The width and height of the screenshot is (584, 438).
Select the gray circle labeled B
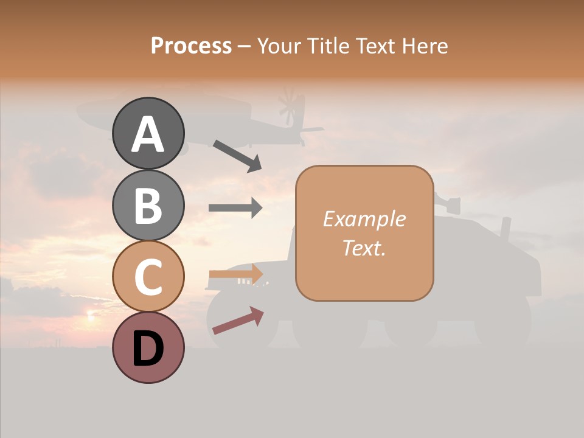pos(148,205)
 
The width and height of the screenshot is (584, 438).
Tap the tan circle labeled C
pos(148,276)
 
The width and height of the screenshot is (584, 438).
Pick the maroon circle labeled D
pos(148,347)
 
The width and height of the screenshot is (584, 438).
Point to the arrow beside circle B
pos(235,208)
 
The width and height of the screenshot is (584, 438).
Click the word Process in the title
pos(191,46)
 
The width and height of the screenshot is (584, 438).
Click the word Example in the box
pos(364,219)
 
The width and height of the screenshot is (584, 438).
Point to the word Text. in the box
pos(364,248)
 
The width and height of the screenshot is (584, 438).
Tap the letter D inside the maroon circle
pos(148,350)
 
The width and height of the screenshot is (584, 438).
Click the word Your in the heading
pos(277,46)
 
